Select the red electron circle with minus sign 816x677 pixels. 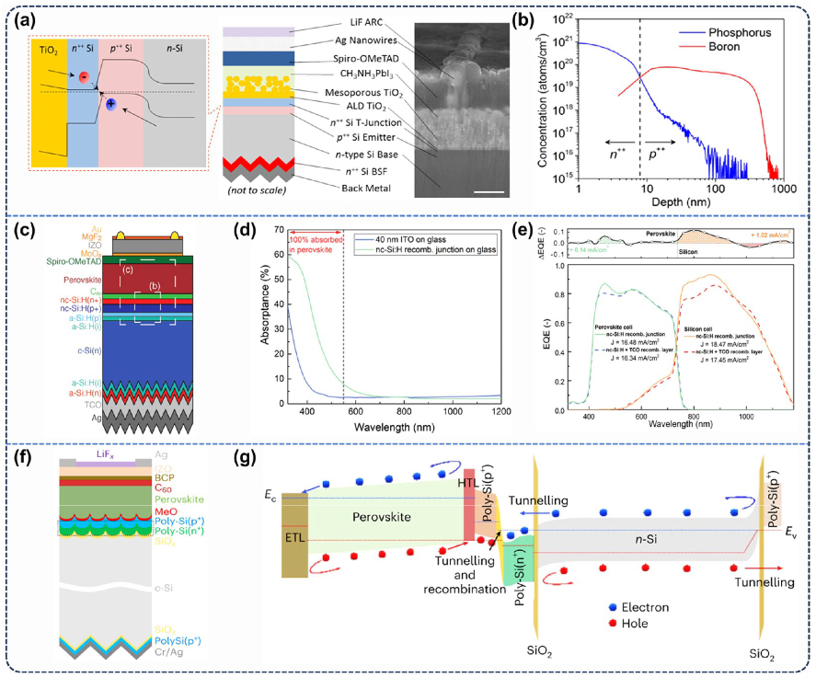coord(83,76)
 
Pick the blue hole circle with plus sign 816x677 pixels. coord(111,104)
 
